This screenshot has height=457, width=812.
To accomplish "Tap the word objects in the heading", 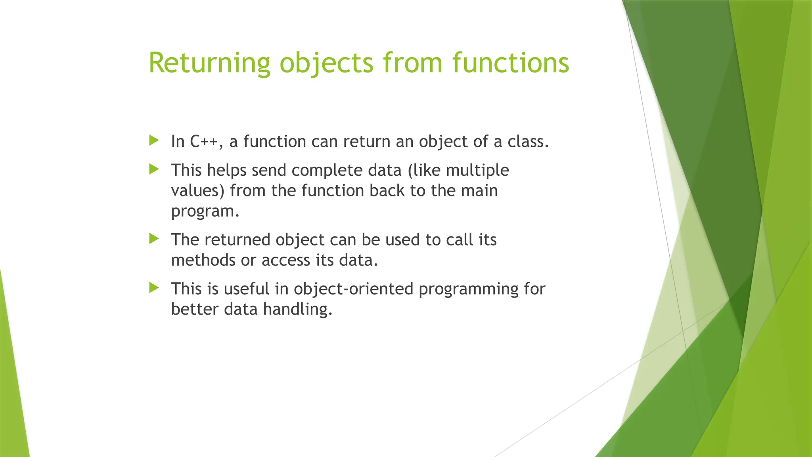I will tap(326, 63).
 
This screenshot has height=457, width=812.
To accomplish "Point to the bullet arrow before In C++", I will tap(154, 140).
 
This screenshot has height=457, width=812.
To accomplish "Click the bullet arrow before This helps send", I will tap(154, 169).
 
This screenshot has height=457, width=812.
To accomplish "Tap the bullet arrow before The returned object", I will tap(154, 238).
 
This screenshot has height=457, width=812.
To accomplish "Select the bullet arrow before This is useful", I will tap(154, 288).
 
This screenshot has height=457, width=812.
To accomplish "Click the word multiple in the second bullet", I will tap(477, 170).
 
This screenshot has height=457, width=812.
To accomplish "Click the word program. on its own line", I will tap(205, 211).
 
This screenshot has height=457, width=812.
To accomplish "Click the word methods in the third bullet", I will tap(203, 260).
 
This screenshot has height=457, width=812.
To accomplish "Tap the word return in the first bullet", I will tap(366, 142).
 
